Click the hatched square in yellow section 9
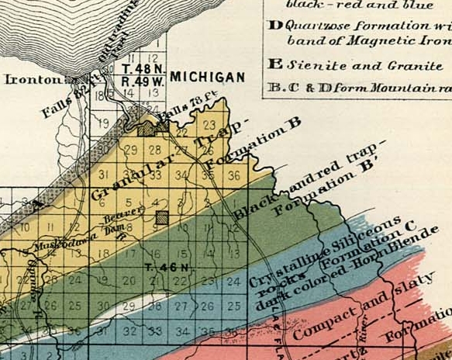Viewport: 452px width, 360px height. click(160, 218)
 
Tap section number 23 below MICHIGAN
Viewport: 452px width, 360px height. click(209, 124)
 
